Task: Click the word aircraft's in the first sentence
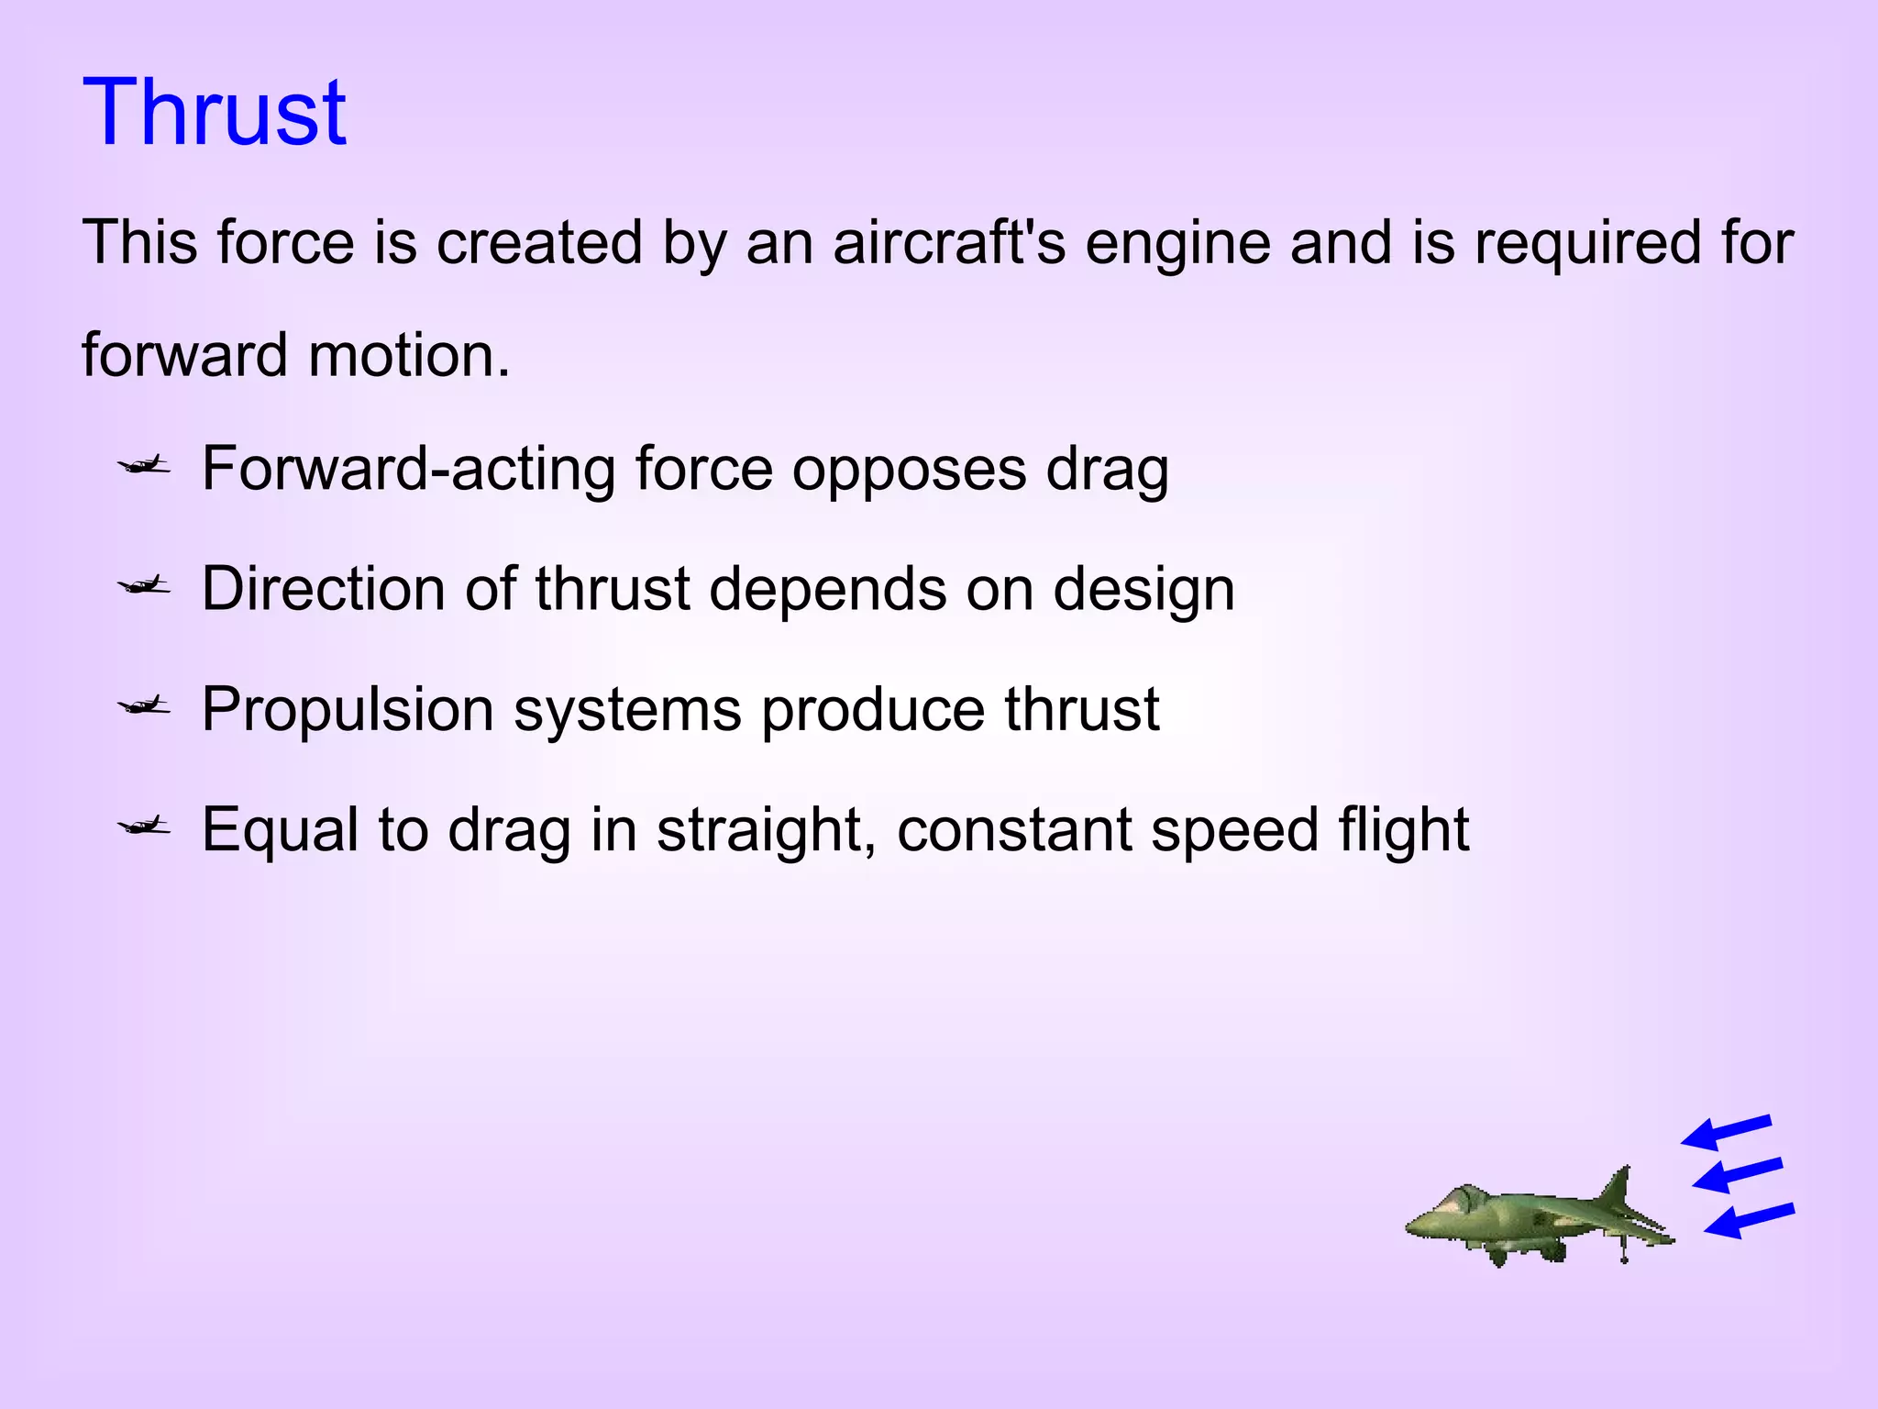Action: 949,243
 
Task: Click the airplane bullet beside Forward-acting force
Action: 144,467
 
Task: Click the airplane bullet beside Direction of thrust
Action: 144,585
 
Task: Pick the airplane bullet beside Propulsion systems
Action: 144,705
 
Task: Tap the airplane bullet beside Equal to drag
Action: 144,827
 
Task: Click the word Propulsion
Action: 348,710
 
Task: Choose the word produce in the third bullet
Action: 872,710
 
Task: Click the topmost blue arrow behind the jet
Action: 1725,1133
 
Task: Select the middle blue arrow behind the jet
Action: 1736,1174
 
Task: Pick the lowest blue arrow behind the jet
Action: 1748,1220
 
